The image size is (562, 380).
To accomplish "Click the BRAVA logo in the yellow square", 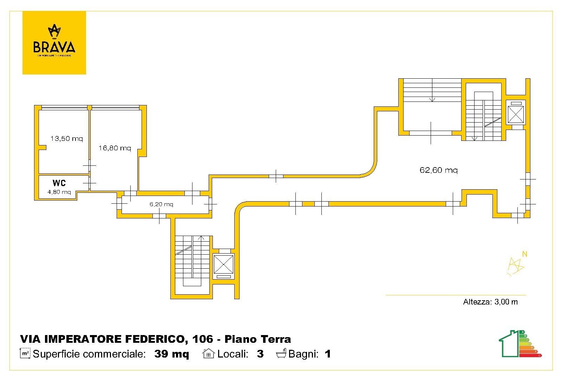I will point(54,42).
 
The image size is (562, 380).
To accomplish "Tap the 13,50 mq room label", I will point(66,138).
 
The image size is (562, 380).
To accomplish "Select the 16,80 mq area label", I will point(115,148).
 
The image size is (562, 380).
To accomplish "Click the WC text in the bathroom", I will point(59,183).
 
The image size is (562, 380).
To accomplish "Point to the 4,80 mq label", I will point(59,192).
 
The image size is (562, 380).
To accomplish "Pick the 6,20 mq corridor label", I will point(161,204).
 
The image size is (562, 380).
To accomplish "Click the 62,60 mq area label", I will point(438,170).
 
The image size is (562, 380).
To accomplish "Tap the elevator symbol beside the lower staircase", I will point(224,264).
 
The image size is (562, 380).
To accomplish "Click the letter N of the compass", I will point(525,254).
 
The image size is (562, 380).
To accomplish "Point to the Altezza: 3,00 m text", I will point(490,302).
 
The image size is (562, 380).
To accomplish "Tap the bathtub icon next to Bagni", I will point(281,353).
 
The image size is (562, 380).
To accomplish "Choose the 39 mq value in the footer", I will point(171,354).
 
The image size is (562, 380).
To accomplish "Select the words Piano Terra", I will point(257,339).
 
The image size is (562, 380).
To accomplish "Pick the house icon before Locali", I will point(209,353).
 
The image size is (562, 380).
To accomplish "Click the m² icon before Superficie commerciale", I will point(25,353).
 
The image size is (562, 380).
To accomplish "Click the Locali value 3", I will point(260,354).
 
